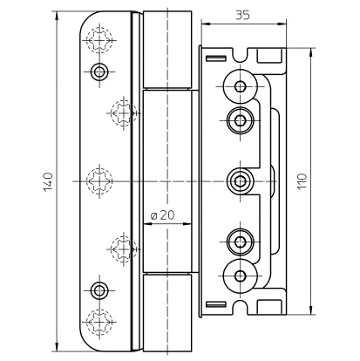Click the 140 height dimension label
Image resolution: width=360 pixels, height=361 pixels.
48,182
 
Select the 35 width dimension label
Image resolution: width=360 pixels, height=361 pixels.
242,15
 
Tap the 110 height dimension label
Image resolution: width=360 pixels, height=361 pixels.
302,180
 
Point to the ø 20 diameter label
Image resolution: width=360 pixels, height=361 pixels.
163,215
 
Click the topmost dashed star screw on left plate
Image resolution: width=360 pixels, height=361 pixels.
99,40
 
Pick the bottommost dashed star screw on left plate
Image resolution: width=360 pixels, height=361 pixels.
99,322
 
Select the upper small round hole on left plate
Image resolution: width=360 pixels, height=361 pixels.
99,72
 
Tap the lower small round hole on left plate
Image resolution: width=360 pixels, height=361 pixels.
99,290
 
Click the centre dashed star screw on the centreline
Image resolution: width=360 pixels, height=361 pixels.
99,181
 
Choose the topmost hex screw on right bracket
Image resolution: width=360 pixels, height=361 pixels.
241,86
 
